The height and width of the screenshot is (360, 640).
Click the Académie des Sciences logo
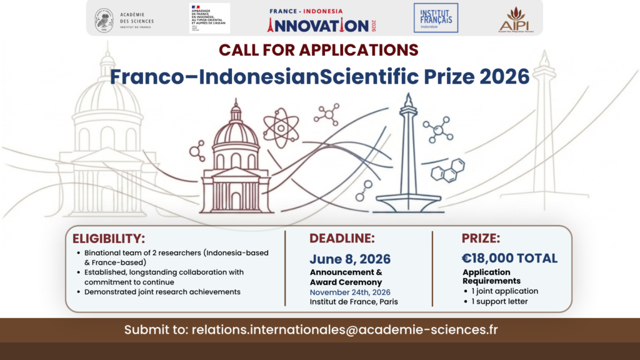[x=124, y=19]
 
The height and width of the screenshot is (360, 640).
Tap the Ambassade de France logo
[x=210, y=18]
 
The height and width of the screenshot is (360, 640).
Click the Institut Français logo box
[x=436, y=18]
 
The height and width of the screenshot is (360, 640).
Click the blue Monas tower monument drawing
[x=408, y=159]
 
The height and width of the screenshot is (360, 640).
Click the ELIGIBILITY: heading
[x=109, y=238]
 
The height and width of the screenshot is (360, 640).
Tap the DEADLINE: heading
[x=342, y=238]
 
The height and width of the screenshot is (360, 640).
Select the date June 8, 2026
[x=350, y=259]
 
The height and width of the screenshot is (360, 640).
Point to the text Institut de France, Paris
[x=354, y=302]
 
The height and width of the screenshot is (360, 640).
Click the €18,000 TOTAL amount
[x=509, y=258]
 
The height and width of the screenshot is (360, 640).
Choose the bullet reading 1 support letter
[x=502, y=301]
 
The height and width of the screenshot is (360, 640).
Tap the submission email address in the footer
[x=346, y=329]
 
